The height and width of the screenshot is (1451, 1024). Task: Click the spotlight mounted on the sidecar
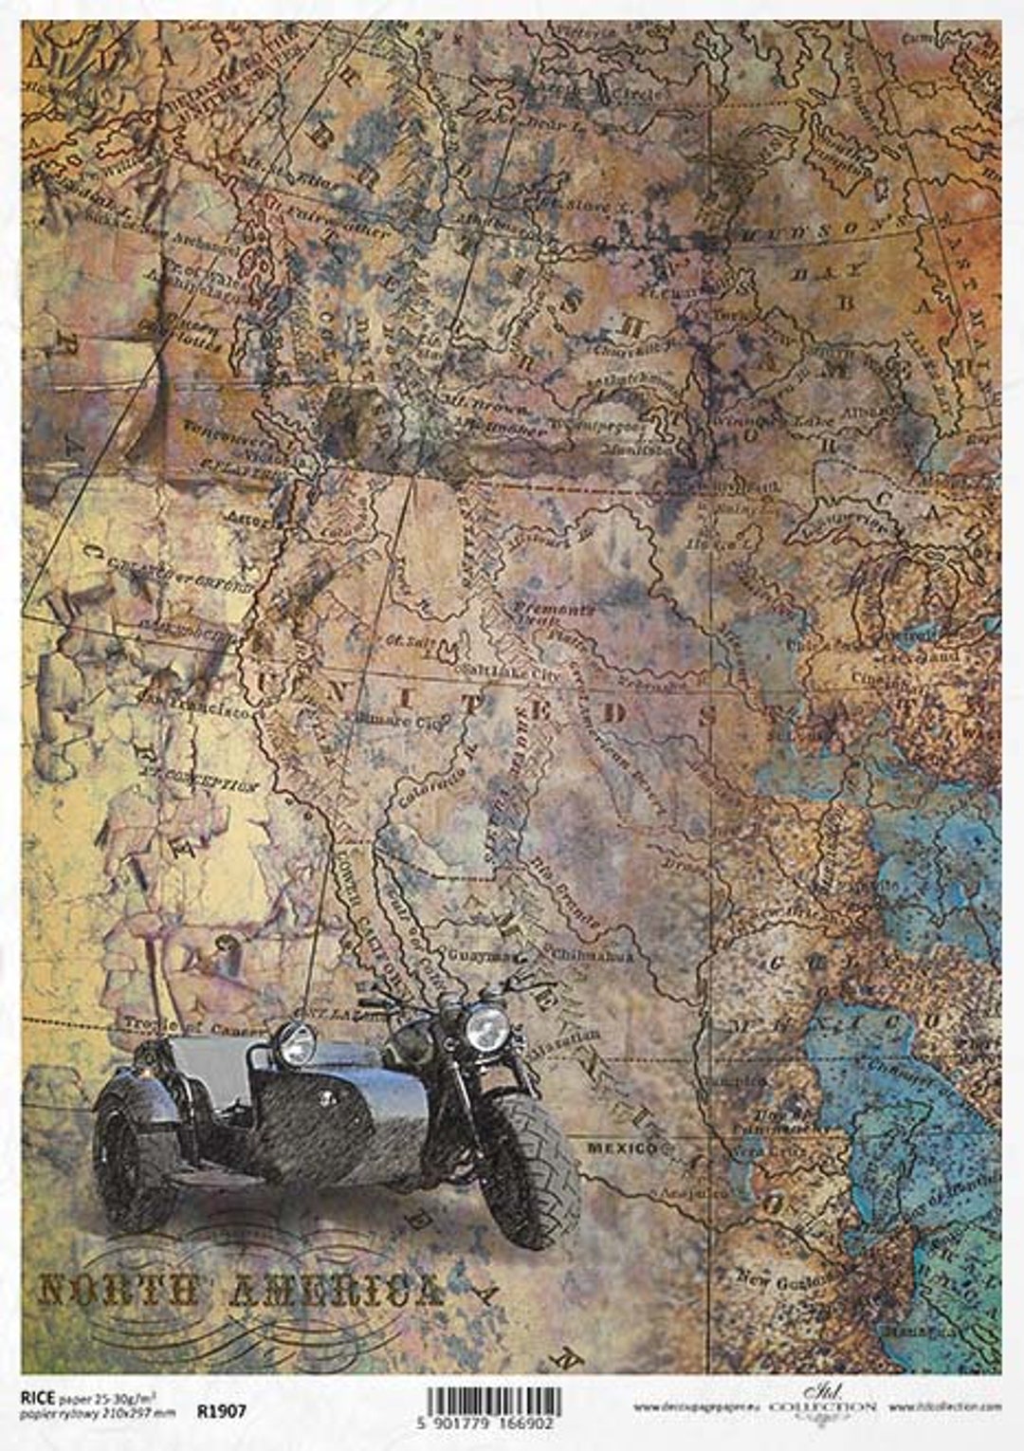(x=296, y=1043)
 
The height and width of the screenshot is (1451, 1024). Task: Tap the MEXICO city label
(x=622, y=1148)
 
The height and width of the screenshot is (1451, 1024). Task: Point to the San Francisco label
(x=195, y=705)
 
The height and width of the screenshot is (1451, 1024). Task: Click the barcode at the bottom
(x=493, y=1402)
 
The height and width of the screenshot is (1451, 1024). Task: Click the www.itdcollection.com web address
(x=945, y=1406)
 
